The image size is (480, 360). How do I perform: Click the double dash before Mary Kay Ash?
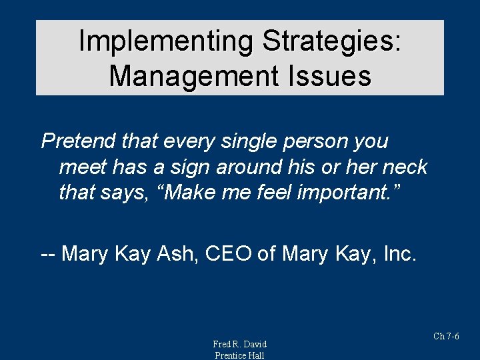(x=48, y=254)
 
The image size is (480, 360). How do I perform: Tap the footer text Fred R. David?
(x=239, y=344)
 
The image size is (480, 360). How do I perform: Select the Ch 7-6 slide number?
(x=446, y=336)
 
